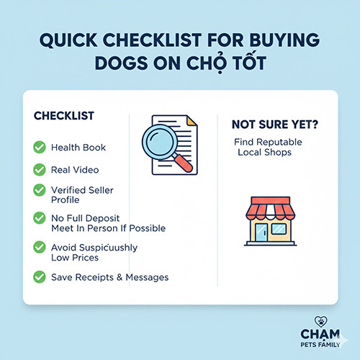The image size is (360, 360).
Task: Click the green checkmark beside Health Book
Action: tap(39, 148)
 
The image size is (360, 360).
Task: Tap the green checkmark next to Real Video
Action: tap(39, 170)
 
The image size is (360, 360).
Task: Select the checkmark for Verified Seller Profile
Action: tap(39, 190)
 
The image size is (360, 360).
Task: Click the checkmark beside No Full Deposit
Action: tap(39, 217)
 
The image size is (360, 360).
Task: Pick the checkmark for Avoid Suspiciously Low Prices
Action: tap(39, 247)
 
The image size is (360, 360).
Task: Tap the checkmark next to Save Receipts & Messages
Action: tap(39, 276)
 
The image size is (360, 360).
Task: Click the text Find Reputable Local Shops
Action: tap(267, 147)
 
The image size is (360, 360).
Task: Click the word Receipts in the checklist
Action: tap(99, 277)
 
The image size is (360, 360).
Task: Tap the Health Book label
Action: tap(78, 148)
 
